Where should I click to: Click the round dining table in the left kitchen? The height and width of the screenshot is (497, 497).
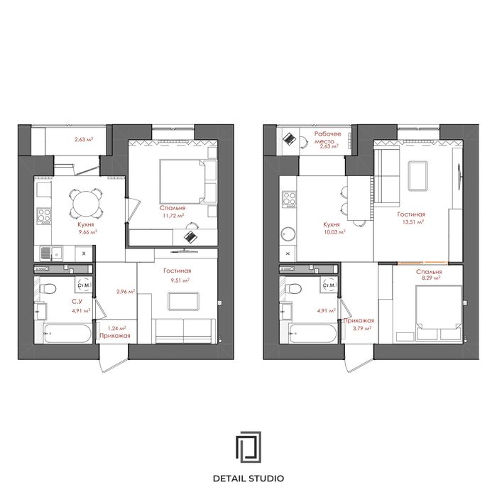click(86, 204)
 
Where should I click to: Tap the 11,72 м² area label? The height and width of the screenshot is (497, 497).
click(174, 216)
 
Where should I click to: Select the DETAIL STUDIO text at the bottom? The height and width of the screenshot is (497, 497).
click(248, 479)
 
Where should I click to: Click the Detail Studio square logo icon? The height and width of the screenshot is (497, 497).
click(248, 447)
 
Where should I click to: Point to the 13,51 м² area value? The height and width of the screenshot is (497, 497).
click(413, 222)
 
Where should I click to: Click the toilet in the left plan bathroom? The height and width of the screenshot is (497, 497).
click(48, 289)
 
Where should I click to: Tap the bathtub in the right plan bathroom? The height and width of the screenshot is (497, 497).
click(313, 334)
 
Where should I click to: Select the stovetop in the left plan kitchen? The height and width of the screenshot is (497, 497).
click(44, 216)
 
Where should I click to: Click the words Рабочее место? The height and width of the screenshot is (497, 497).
click(327, 138)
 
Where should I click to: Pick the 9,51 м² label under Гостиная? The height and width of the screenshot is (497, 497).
click(180, 280)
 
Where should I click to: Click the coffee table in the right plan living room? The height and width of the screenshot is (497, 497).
click(418, 176)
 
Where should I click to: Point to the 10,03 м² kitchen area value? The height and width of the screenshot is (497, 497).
click(334, 231)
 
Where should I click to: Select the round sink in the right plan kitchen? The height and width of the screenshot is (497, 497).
click(288, 234)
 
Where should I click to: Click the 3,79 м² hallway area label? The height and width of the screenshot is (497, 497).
click(362, 328)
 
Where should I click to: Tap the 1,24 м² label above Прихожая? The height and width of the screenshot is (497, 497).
click(117, 328)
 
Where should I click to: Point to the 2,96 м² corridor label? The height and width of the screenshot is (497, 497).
click(126, 292)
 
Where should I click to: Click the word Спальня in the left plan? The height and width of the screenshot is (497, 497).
click(173, 208)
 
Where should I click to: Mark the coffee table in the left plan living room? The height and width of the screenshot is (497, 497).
click(184, 302)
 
